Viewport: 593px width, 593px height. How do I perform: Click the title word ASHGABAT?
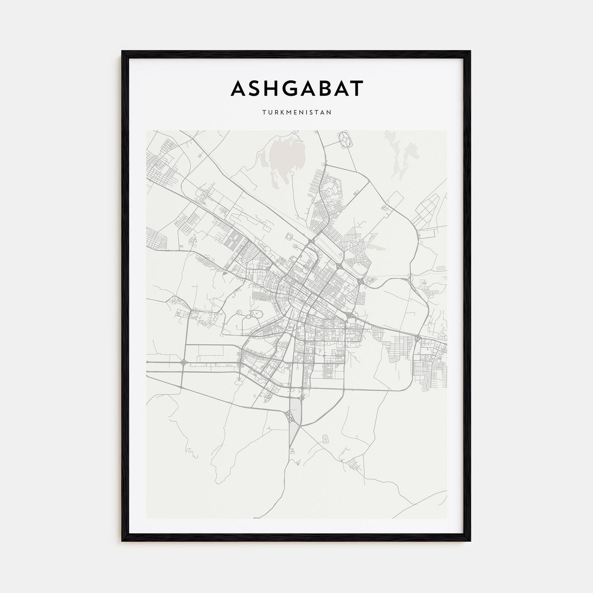296,88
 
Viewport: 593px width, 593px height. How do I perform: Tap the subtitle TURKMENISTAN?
296,113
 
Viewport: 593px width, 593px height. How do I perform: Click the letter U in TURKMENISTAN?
269,113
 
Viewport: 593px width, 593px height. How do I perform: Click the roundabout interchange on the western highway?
183,363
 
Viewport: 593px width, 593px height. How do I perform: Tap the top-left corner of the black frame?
123,52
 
